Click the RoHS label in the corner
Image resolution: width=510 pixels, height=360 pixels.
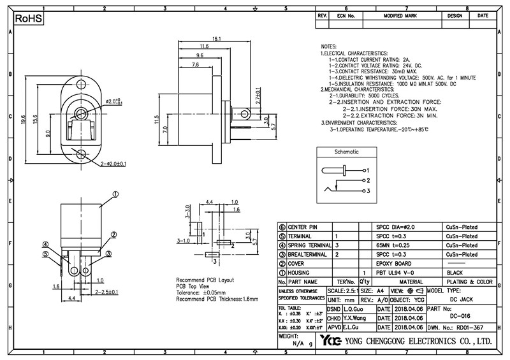(x=27, y=20)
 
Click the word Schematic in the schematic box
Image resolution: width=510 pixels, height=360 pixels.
(x=346, y=152)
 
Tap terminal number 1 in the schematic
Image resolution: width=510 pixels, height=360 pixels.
(x=367, y=171)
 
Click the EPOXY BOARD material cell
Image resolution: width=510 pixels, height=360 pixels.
(x=395, y=263)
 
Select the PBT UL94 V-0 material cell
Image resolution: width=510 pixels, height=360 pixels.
(x=397, y=272)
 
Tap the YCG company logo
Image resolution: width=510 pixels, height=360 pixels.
(x=331, y=341)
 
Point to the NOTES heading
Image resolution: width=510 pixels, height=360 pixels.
(x=329, y=47)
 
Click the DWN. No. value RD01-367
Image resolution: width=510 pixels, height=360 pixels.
(x=470, y=327)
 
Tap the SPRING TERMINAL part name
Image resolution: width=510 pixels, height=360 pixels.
(x=309, y=245)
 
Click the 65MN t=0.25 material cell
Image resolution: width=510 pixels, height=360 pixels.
(x=394, y=245)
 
